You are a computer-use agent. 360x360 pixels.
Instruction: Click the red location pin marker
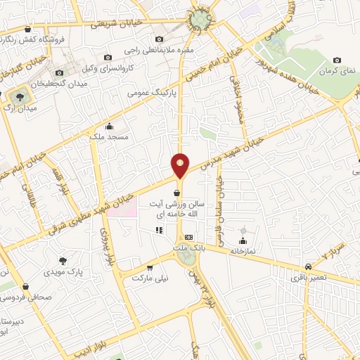pyautogui.click(x=180, y=165)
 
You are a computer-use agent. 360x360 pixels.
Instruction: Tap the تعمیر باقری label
pyautogui.click(x=309, y=278)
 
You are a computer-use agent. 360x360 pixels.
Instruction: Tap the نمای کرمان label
pyautogui.click(x=337, y=71)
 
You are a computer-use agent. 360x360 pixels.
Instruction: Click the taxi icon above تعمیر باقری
pyautogui.click(x=309, y=266)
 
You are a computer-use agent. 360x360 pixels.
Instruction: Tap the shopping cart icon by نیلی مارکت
pyautogui.click(x=149, y=267)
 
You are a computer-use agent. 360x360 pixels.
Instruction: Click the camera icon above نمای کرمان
pyautogui.click(x=337, y=60)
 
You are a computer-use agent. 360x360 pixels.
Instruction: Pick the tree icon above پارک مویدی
pyautogui.click(x=64, y=260)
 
